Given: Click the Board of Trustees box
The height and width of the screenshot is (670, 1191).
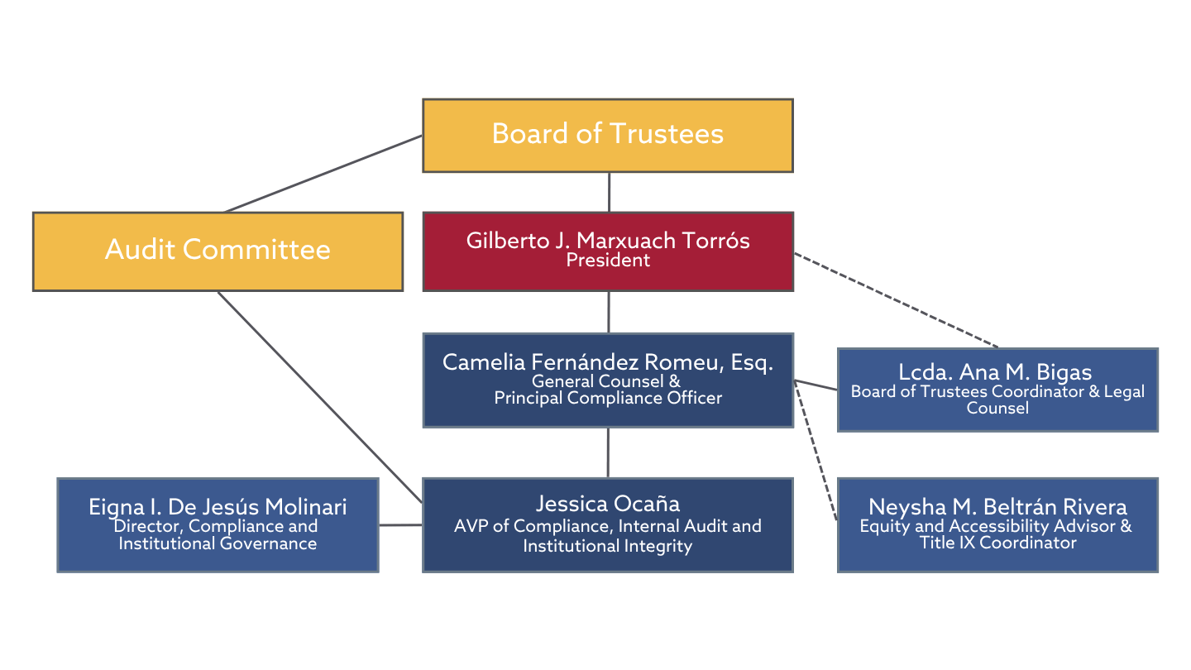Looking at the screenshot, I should click(607, 135).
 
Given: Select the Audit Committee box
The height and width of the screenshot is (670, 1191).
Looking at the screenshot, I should click(218, 250).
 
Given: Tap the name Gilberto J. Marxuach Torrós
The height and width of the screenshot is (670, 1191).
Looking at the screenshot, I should click(607, 241).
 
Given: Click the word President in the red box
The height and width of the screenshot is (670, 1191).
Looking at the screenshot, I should click(607, 261).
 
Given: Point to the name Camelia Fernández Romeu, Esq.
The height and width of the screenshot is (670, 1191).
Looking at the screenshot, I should click(607, 362).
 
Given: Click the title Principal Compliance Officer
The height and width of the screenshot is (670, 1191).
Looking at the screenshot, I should click(607, 398).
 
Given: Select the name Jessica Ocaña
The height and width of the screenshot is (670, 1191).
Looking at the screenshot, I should click(607, 503).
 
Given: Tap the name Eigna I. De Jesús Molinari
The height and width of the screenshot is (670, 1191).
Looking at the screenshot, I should click(218, 507).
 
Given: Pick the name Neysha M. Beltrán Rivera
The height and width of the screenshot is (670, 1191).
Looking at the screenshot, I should click(997, 506).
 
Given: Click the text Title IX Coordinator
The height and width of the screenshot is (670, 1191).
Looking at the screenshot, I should click(997, 543).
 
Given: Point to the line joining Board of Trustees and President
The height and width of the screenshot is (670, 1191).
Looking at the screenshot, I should click(609, 192).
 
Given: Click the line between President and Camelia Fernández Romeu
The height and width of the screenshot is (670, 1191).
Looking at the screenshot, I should click(609, 312).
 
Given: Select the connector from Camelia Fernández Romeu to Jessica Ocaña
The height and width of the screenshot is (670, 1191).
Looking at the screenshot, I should click(609, 452).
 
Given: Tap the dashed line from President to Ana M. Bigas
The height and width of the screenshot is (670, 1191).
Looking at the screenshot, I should click(897, 300).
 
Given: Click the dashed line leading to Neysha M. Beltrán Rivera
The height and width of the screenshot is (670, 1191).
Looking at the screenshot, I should click(816, 451).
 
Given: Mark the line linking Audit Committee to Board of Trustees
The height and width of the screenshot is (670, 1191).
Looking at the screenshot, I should click(324, 173).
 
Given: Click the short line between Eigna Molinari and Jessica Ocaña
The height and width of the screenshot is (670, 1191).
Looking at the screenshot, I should click(400, 524).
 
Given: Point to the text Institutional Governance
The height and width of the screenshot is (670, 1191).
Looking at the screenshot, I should click(218, 543).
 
